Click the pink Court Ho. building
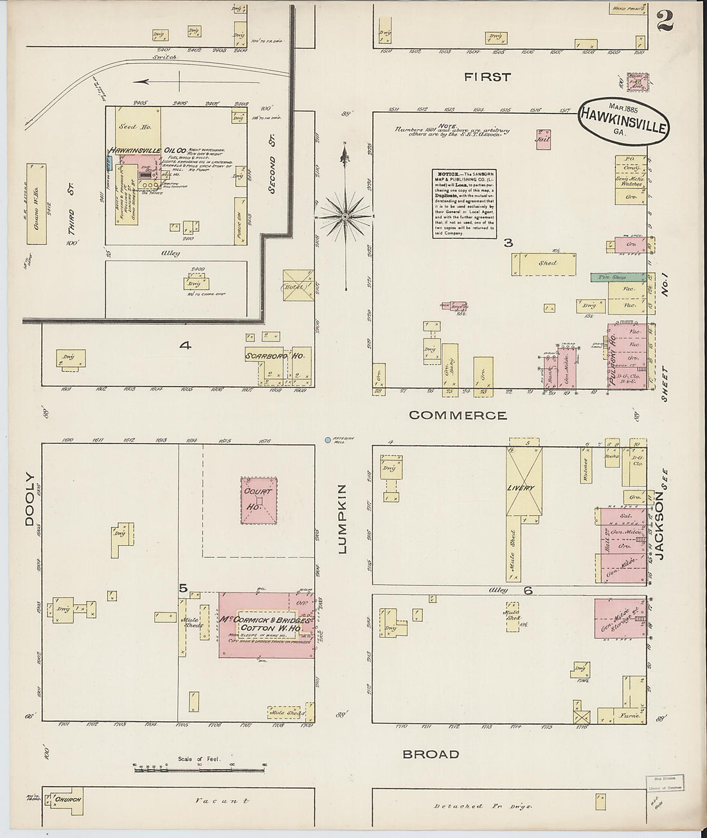click(x=259, y=500)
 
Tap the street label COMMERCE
click(x=458, y=415)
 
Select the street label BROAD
click(x=431, y=754)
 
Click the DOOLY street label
click(x=30, y=500)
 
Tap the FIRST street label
click(x=487, y=77)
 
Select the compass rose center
click(x=346, y=217)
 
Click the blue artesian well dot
click(x=328, y=441)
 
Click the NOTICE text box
click(x=464, y=204)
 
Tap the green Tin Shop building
click(x=618, y=277)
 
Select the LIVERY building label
click(x=521, y=488)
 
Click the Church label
click(x=67, y=799)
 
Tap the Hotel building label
click(x=295, y=287)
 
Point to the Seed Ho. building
click(x=136, y=127)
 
